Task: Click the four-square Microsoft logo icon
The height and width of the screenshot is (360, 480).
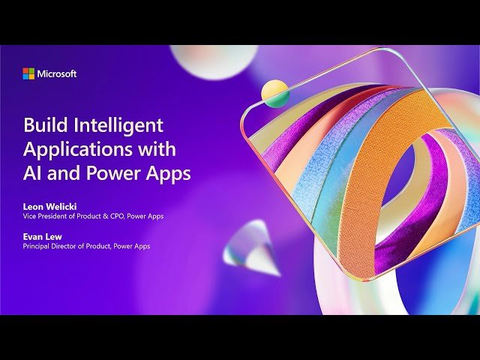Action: (28, 73)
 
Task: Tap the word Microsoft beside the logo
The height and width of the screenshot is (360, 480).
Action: (57, 73)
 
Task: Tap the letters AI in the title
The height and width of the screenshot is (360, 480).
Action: (34, 173)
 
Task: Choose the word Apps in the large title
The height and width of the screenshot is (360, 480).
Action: (166, 173)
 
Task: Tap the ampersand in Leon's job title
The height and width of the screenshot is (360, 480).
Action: (104, 216)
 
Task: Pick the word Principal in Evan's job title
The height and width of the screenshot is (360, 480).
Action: (37, 246)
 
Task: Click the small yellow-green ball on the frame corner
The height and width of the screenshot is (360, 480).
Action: (274, 93)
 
